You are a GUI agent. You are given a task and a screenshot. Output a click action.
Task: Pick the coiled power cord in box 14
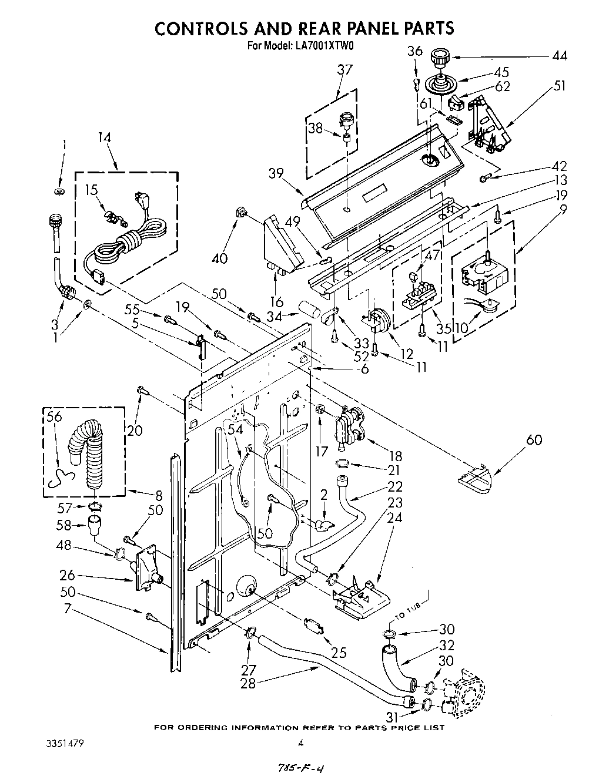[126, 238]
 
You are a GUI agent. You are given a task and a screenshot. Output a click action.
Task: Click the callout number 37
[344, 69]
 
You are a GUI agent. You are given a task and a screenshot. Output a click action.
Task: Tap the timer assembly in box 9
[482, 275]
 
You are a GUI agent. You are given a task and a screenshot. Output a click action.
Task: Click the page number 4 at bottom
[300, 743]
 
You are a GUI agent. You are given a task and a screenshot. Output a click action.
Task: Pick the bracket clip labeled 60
[477, 475]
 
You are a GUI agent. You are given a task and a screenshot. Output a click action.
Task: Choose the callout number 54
[235, 431]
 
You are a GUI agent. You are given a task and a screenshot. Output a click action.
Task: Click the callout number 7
[68, 609]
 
